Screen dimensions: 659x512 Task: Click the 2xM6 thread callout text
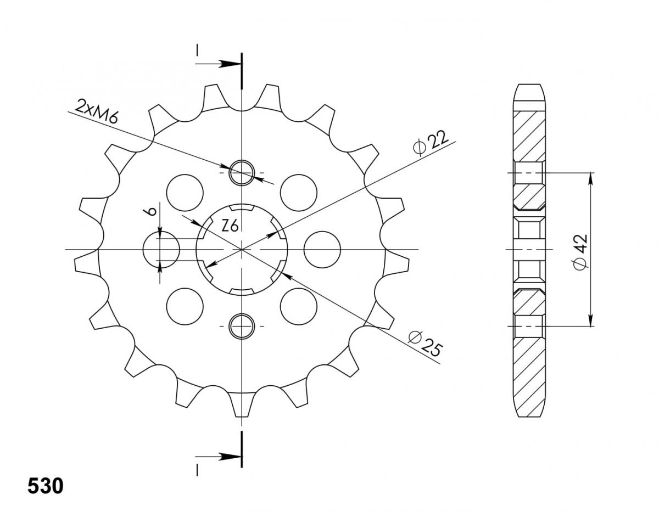pos(97,111)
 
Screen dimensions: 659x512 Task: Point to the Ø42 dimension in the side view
pos(580,252)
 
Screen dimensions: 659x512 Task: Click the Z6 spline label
pos(230,226)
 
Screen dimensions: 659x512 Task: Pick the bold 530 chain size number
pos(46,486)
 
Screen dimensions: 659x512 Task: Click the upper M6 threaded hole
pos(242,173)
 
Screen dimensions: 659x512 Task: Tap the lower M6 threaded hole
pos(242,327)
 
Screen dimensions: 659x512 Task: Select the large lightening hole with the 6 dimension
pos(161,250)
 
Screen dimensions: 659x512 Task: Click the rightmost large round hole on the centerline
pos(322,250)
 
